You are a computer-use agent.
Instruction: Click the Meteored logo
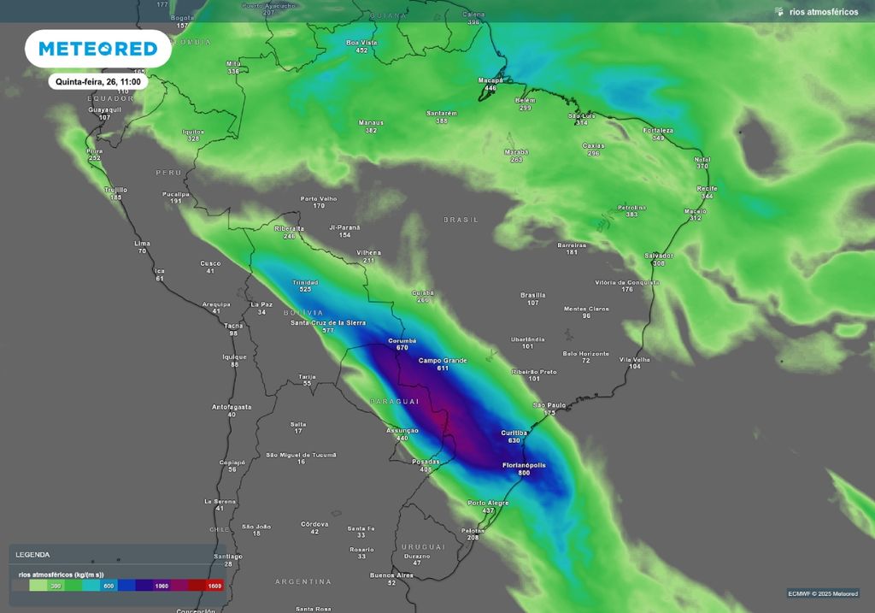(x=98, y=49)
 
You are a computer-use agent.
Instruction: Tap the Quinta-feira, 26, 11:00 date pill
(x=98, y=82)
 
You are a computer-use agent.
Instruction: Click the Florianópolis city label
(x=523, y=465)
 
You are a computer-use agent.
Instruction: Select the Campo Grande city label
(x=443, y=361)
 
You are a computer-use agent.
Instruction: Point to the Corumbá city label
(x=402, y=340)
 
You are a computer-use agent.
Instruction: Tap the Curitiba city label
(x=514, y=433)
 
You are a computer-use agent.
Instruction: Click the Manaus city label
(x=371, y=123)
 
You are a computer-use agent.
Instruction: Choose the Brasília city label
(x=532, y=296)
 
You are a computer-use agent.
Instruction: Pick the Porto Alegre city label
(x=488, y=503)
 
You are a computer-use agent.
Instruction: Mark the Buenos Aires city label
(x=392, y=575)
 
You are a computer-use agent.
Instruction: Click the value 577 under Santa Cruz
(x=327, y=330)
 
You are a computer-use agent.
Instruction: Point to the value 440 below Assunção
(x=402, y=438)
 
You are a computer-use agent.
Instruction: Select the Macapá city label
(x=490, y=81)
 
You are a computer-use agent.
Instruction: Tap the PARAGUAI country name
(x=394, y=401)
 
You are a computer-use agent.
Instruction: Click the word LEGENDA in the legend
(x=32, y=554)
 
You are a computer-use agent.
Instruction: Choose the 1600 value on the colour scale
(x=214, y=586)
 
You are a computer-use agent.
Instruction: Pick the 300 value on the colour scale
(x=56, y=586)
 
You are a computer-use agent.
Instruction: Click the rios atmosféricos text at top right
(x=823, y=12)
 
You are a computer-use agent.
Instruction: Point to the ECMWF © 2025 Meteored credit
(x=823, y=593)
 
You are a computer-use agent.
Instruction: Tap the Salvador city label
(x=659, y=256)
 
